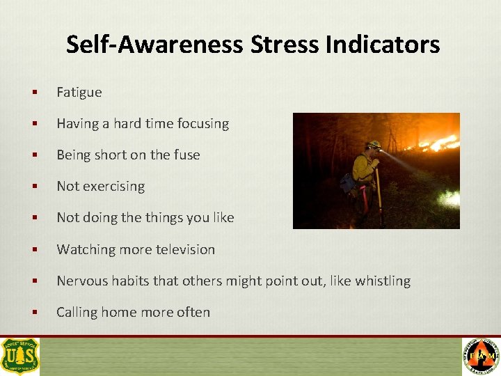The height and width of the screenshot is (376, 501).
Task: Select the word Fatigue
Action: (x=79, y=92)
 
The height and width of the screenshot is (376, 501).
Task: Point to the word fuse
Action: (x=186, y=155)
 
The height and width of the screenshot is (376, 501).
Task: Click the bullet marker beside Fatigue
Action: (x=33, y=93)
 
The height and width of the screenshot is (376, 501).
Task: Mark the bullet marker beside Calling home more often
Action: (x=33, y=313)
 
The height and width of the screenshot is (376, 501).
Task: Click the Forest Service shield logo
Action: (x=20, y=357)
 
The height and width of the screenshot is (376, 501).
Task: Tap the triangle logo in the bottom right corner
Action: (x=481, y=357)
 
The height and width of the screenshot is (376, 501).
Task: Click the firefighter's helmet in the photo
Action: (x=374, y=144)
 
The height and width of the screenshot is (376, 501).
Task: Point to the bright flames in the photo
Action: (x=438, y=143)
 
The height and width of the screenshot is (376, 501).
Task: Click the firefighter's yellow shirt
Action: (x=363, y=168)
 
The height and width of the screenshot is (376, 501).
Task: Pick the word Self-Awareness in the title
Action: (x=154, y=45)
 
